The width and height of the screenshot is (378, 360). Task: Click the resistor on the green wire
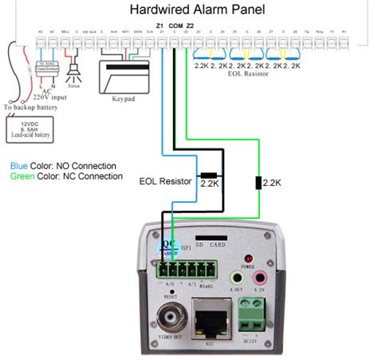(x=258, y=183)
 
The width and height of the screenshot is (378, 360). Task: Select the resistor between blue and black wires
(x=211, y=175)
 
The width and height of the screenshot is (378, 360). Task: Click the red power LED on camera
(x=248, y=259)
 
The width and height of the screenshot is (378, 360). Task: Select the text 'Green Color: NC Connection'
(x=66, y=176)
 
